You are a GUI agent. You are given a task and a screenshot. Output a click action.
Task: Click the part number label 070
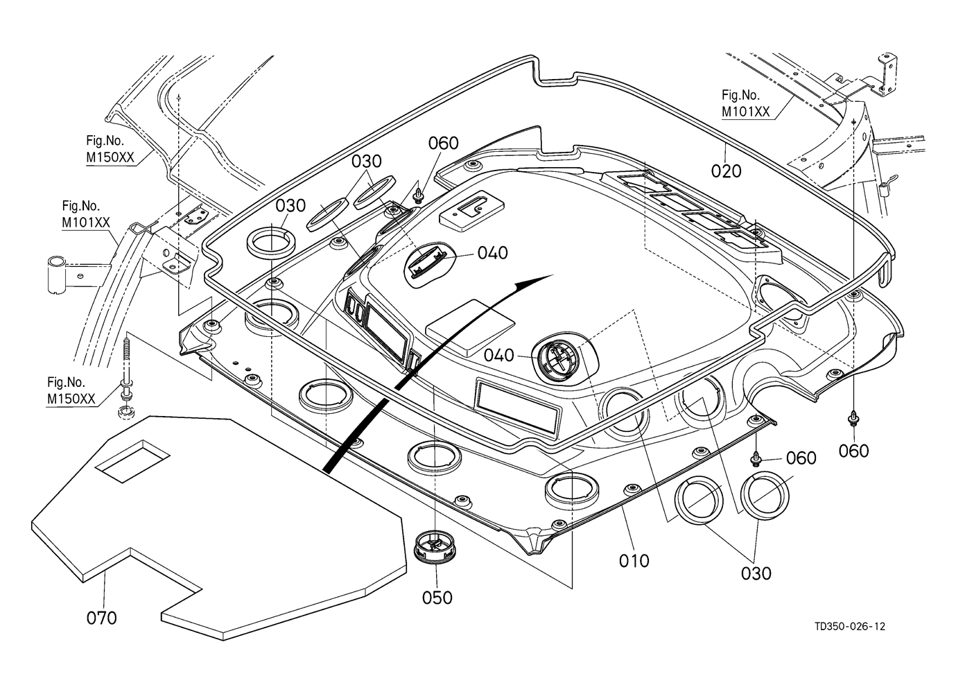pyautogui.click(x=102, y=618)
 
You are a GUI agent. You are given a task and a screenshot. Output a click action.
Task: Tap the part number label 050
pyautogui.click(x=437, y=598)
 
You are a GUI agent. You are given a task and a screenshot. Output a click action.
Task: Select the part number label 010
pyautogui.click(x=634, y=560)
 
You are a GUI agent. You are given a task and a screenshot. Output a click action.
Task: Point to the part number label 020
pyautogui.click(x=726, y=171)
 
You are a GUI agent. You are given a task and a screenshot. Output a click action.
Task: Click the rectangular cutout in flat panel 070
pyautogui.click(x=132, y=460)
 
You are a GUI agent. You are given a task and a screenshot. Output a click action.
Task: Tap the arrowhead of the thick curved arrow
pyautogui.click(x=534, y=284)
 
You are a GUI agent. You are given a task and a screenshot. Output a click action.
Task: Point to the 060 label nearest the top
pyautogui.click(x=444, y=144)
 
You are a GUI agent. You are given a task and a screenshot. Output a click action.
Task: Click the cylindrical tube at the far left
pyautogui.click(x=56, y=275)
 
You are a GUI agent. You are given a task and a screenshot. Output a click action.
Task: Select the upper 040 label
pyautogui.click(x=492, y=252)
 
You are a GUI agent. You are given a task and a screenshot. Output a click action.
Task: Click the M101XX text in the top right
pyautogui.click(x=745, y=112)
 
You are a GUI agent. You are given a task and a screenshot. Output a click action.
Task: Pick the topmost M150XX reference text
pyautogui.click(x=110, y=157)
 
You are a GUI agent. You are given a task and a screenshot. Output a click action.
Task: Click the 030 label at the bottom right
pyautogui.click(x=756, y=573)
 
